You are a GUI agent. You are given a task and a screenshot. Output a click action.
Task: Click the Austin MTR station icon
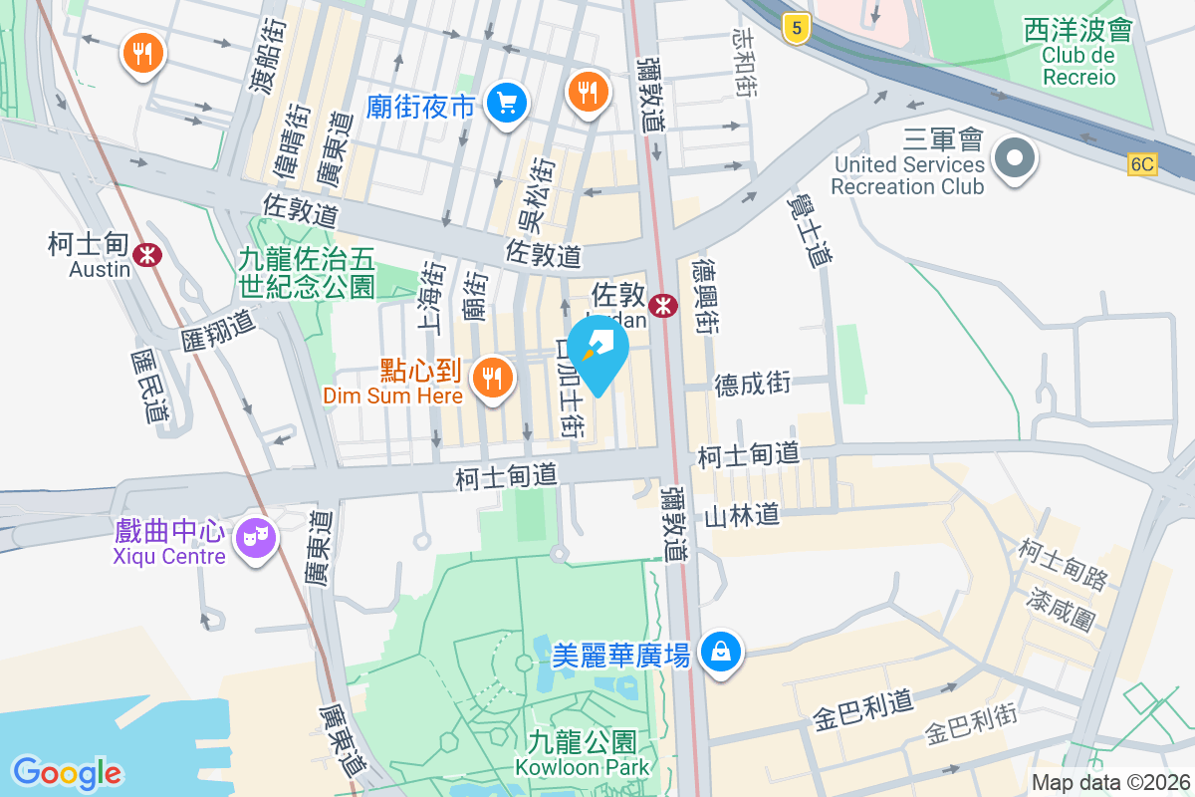[x=148, y=254]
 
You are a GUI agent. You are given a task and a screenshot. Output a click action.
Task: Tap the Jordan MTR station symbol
[x=660, y=308]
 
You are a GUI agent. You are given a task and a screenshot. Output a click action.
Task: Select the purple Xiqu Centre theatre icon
[x=257, y=539]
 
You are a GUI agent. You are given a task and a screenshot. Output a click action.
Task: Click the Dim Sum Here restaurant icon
[x=491, y=377]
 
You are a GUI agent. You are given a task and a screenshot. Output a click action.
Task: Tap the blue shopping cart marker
[x=507, y=102]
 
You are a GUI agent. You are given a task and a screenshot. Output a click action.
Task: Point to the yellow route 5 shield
[x=794, y=29]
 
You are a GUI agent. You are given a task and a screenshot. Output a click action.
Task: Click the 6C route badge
[x=1143, y=164]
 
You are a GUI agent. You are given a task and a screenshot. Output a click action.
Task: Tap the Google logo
[x=68, y=772]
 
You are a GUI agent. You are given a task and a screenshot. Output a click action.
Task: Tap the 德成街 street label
[x=752, y=383]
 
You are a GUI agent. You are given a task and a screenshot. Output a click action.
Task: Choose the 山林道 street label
[x=741, y=515]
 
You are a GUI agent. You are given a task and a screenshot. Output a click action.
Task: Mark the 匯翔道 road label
[x=218, y=329]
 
